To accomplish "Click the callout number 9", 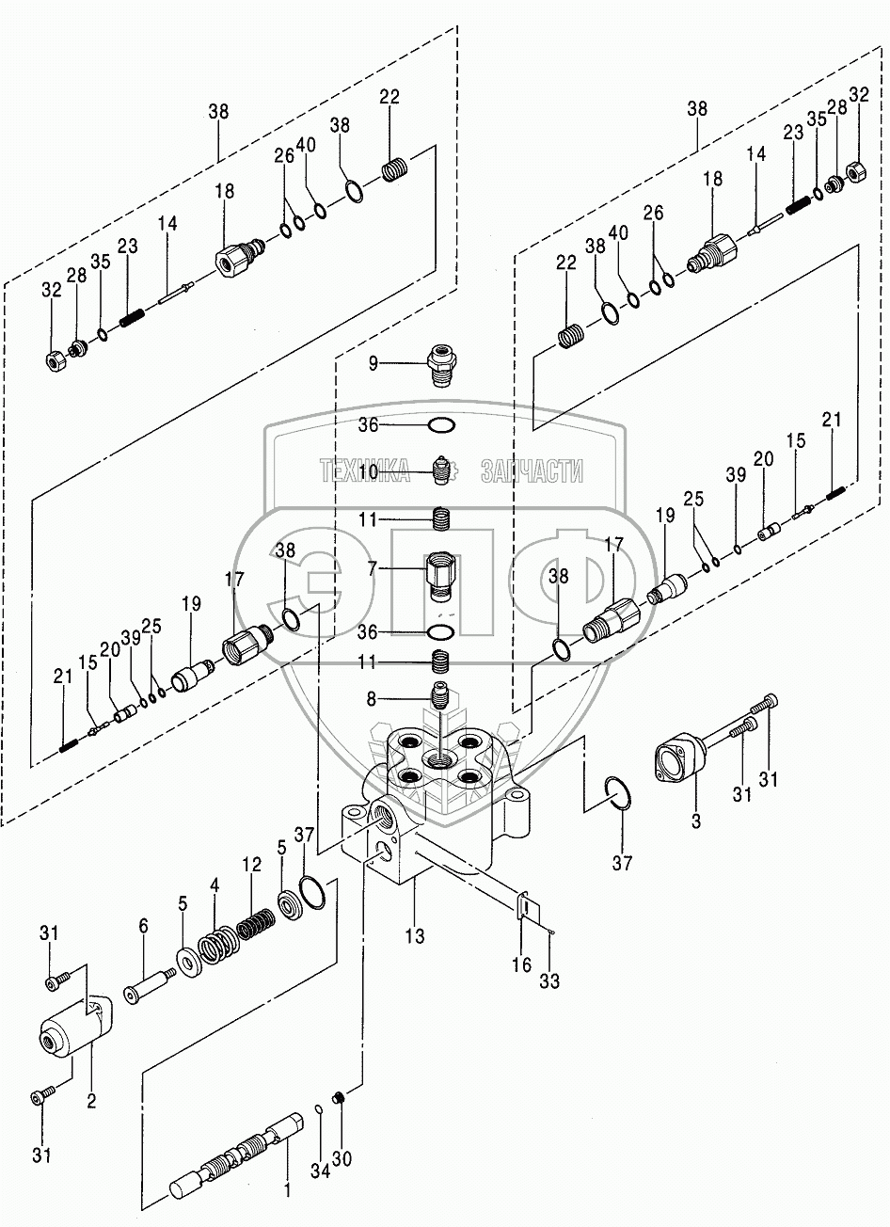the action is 373,363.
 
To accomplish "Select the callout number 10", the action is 368,471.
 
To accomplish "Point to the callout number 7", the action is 373,569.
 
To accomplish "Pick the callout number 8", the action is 372,699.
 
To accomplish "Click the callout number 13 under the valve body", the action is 415,935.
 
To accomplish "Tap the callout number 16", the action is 521,964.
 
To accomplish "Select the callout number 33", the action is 549,980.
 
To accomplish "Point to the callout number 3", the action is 695,821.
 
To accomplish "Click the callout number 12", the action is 252,864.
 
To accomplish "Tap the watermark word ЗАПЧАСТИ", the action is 532,470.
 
